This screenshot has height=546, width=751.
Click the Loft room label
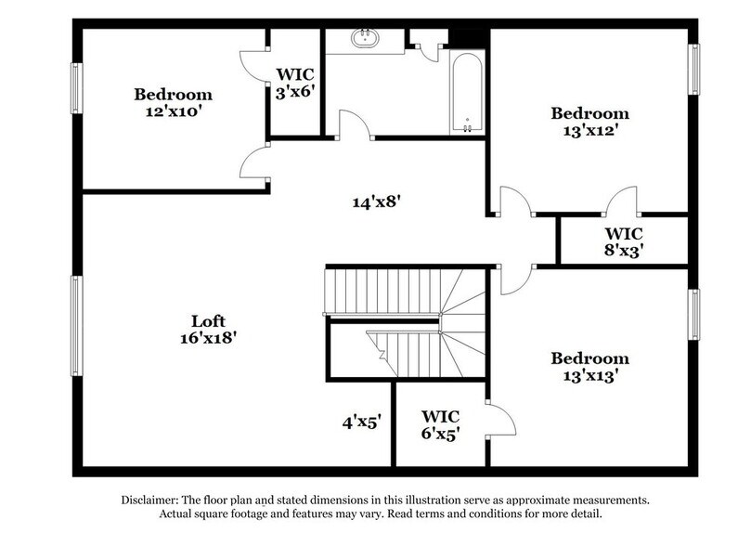209,322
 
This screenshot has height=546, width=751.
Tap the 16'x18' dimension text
209,339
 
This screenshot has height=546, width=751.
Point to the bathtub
466,93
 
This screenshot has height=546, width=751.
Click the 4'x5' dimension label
362,422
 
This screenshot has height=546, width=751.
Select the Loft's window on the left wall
78,324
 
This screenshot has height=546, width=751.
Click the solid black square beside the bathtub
468,36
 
